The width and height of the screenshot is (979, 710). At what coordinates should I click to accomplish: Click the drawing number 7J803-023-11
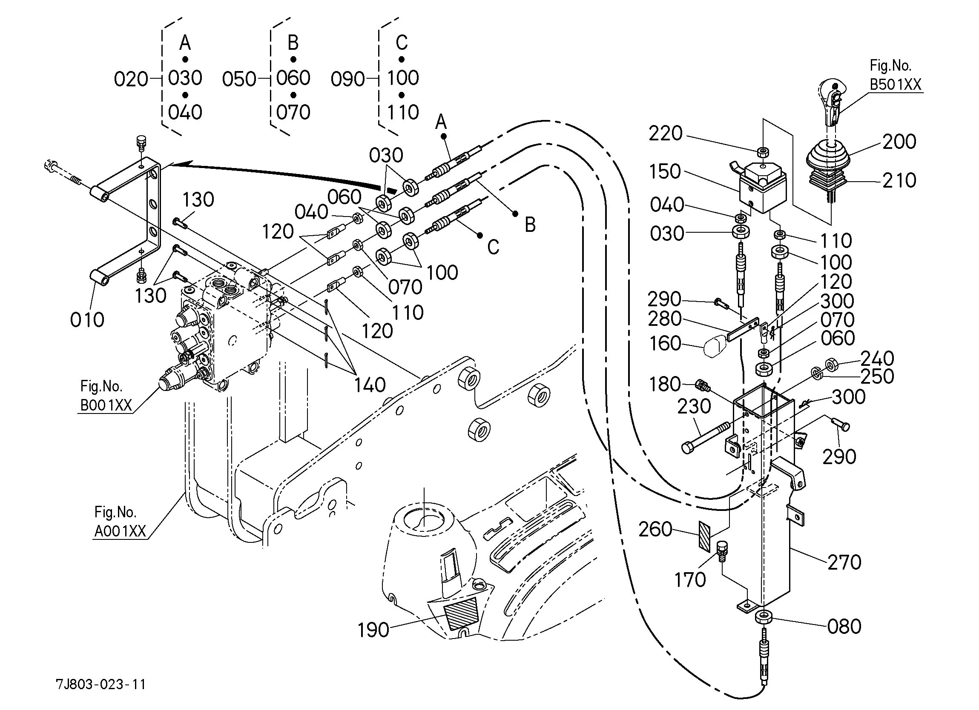(x=100, y=684)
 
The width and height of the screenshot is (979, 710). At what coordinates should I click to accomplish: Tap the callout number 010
(x=87, y=320)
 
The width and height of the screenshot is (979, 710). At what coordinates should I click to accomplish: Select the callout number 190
(x=373, y=630)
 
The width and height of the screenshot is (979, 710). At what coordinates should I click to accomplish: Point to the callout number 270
(x=844, y=562)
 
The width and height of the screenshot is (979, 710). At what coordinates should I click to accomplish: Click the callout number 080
(x=844, y=626)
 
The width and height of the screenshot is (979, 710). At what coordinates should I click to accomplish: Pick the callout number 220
(x=666, y=133)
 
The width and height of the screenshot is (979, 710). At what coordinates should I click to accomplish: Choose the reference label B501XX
(x=896, y=85)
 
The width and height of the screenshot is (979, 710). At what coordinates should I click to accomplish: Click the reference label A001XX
(x=121, y=531)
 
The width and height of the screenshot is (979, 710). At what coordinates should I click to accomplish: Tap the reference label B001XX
(x=106, y=405)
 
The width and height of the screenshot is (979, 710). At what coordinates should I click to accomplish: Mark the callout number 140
(x=370, y=385)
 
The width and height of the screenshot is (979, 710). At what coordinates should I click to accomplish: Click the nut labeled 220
(x=763, y=152)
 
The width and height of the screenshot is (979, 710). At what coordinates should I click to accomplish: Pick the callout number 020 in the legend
(x=131, y=80)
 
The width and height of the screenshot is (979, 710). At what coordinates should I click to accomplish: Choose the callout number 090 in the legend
(x=348, y=80)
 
